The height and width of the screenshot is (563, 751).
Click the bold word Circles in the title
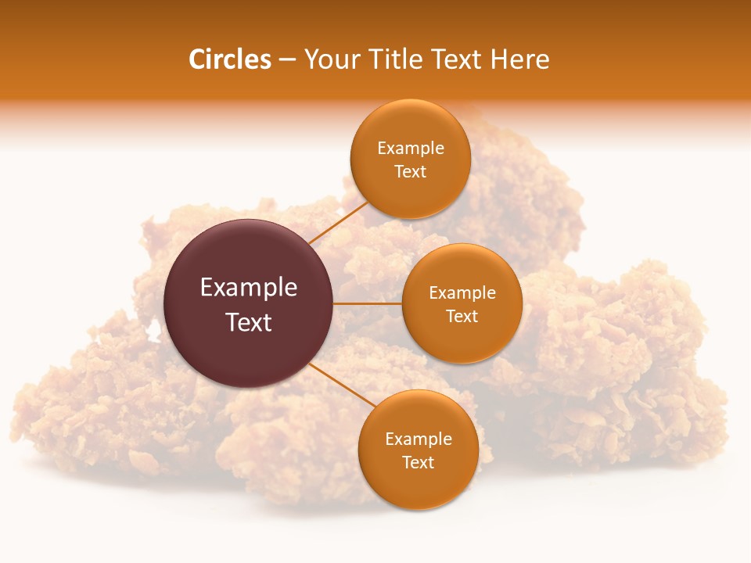[230, 59]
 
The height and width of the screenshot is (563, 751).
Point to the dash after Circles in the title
[287, 60]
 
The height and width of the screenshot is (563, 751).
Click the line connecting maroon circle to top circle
[338, 224]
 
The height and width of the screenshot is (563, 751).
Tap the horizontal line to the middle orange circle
[368, 303]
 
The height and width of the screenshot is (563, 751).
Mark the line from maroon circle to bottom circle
[342, 385]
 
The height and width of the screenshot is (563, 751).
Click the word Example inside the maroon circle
[249, 288]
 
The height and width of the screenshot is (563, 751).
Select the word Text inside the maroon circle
[249, 322]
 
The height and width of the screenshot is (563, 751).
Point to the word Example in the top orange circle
[411, 149]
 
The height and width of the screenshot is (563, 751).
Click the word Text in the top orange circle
[410, 171]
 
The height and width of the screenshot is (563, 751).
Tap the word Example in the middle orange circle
[462, 293]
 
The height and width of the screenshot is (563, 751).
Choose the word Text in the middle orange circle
[462, 316]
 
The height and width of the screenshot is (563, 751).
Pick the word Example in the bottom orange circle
[419, 439]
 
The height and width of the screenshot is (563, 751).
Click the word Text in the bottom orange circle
[418, 462]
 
